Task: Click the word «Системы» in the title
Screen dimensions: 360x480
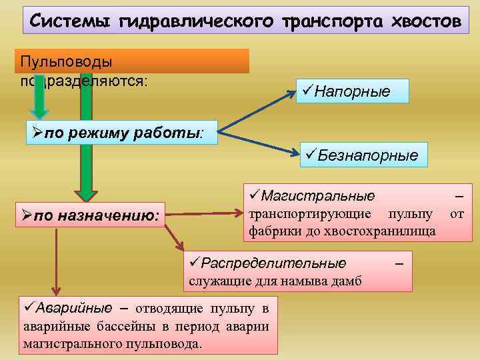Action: (x=71, y=21)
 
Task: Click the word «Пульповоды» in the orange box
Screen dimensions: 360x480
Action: (x=66, y=61)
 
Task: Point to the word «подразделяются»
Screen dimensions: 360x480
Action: (x=83, y=80)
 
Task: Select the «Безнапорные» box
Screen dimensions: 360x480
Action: (x=362, y=155)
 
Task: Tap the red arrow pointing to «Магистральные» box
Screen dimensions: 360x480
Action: (x=204, y=213)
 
